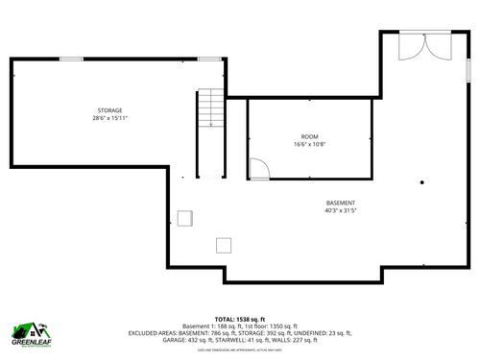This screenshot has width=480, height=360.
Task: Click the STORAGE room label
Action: coord(108,111)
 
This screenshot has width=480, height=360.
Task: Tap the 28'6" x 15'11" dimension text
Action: coord(109,119)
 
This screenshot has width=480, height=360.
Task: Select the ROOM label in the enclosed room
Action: coord(309,137)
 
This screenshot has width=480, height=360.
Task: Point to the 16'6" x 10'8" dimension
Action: coord(309,145)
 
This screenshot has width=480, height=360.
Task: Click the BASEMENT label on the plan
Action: coord(340,203)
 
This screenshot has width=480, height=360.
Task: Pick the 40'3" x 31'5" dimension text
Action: coord(341,210)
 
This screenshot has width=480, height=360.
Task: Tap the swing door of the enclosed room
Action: coord(259,170)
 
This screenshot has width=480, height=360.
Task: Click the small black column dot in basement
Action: coord(422,180)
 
